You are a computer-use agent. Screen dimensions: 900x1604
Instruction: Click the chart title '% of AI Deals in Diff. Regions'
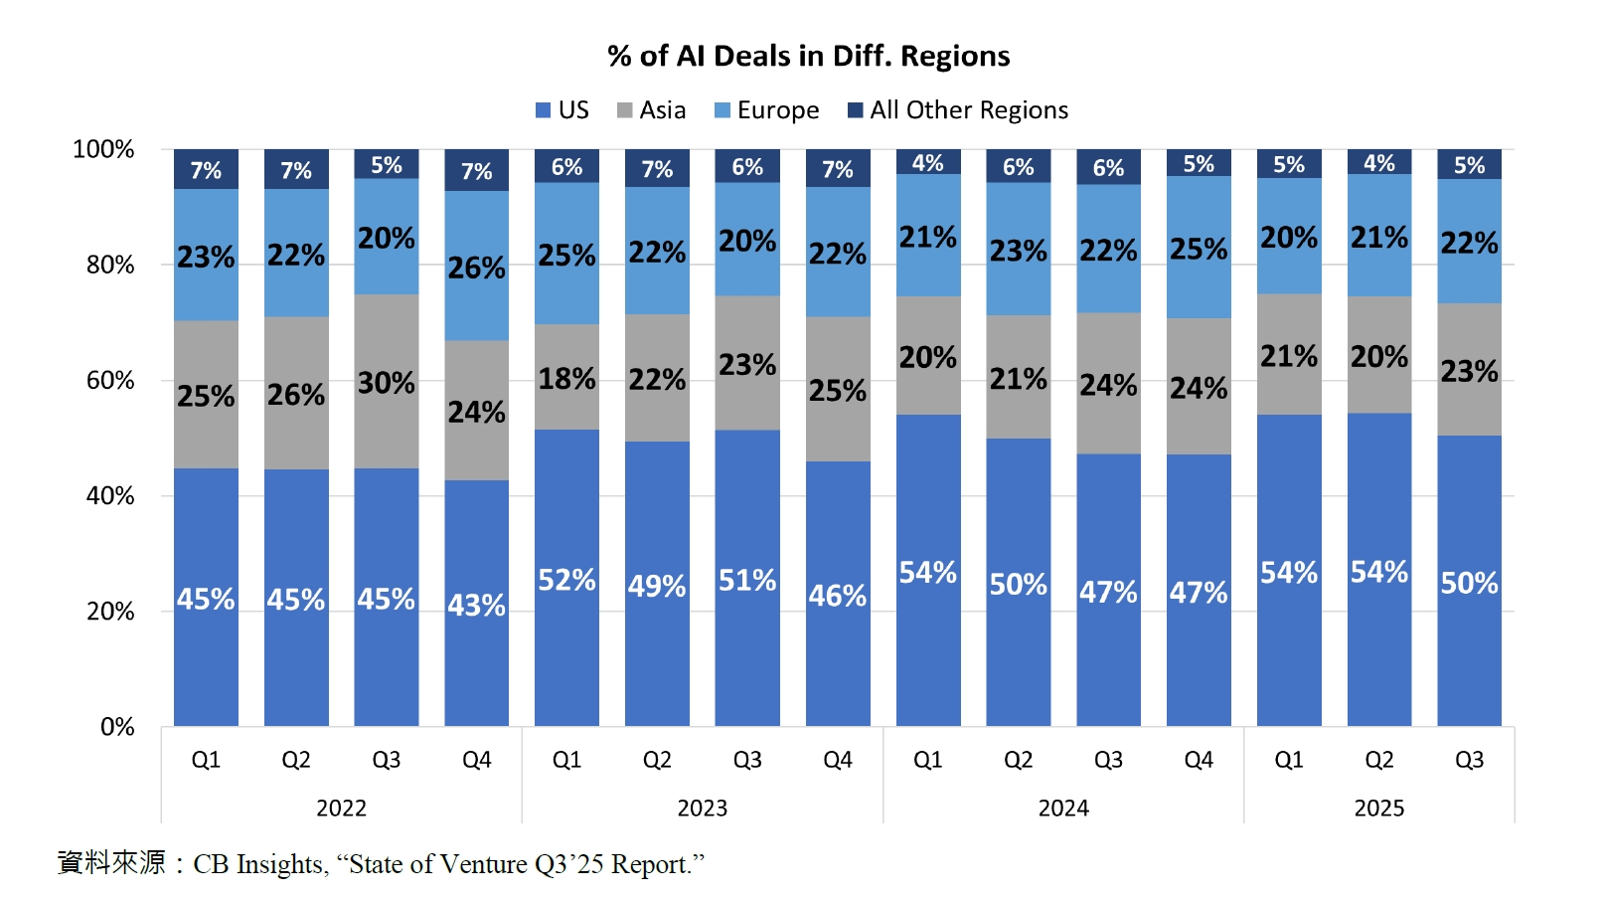pos(808,57)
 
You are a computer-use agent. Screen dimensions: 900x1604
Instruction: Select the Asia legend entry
pos(652,110)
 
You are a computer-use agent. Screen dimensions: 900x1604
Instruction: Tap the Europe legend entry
pos(767,110)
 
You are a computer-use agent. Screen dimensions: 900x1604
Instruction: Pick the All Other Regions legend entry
pos(958,110)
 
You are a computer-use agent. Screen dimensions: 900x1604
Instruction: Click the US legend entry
pos(562,110)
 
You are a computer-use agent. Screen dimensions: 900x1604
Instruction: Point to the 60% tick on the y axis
pos(110,380)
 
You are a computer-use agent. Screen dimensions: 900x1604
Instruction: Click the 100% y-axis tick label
pos(103,149)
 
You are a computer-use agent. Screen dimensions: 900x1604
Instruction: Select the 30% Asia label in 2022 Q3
pos(386,383)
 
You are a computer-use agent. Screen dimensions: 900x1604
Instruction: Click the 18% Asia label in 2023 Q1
pos(566,379)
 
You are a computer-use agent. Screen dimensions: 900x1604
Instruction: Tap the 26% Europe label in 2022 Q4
pos(476,268)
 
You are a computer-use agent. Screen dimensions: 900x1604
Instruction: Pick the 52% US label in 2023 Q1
pos(566,580)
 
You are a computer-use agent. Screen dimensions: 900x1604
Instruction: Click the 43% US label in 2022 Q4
pos(476,605)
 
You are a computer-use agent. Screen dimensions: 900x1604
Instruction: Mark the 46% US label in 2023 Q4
pos(837,596)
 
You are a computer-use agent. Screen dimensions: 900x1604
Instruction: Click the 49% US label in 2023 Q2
pos(657,586)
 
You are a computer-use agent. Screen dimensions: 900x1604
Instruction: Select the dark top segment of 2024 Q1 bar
pos(928,162)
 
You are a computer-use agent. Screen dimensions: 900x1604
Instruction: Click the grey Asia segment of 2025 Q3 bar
pos(1469,370)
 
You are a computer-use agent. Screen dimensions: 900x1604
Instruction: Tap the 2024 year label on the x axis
pos(1062,809)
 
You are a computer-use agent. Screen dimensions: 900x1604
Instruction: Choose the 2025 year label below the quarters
pos(1378,809)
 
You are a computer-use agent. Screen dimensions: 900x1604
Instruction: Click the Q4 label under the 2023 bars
pos(837,760)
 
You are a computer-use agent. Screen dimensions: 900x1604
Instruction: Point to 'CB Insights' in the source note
pos(258,864)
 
